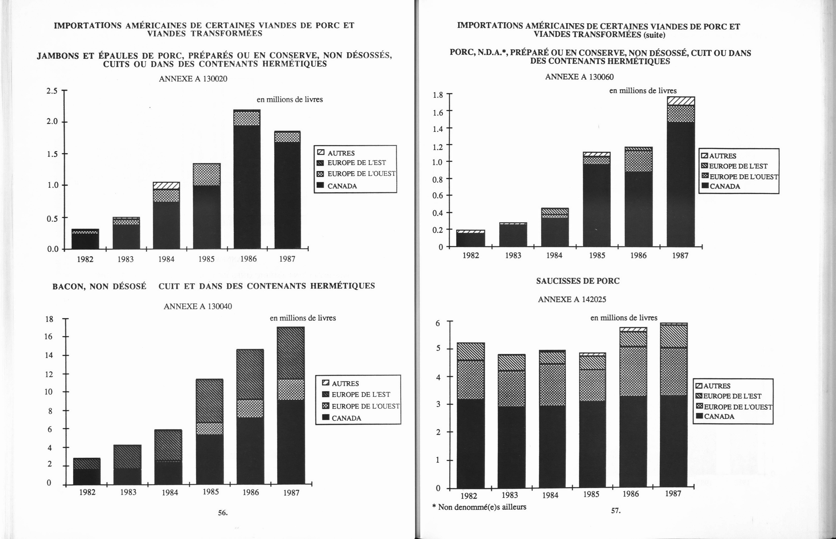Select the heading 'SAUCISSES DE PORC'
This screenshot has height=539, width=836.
tap(578, 281)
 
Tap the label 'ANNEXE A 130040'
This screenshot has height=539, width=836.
tap(198, 306)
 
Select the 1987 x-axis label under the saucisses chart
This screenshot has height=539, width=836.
tap(673, 494)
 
